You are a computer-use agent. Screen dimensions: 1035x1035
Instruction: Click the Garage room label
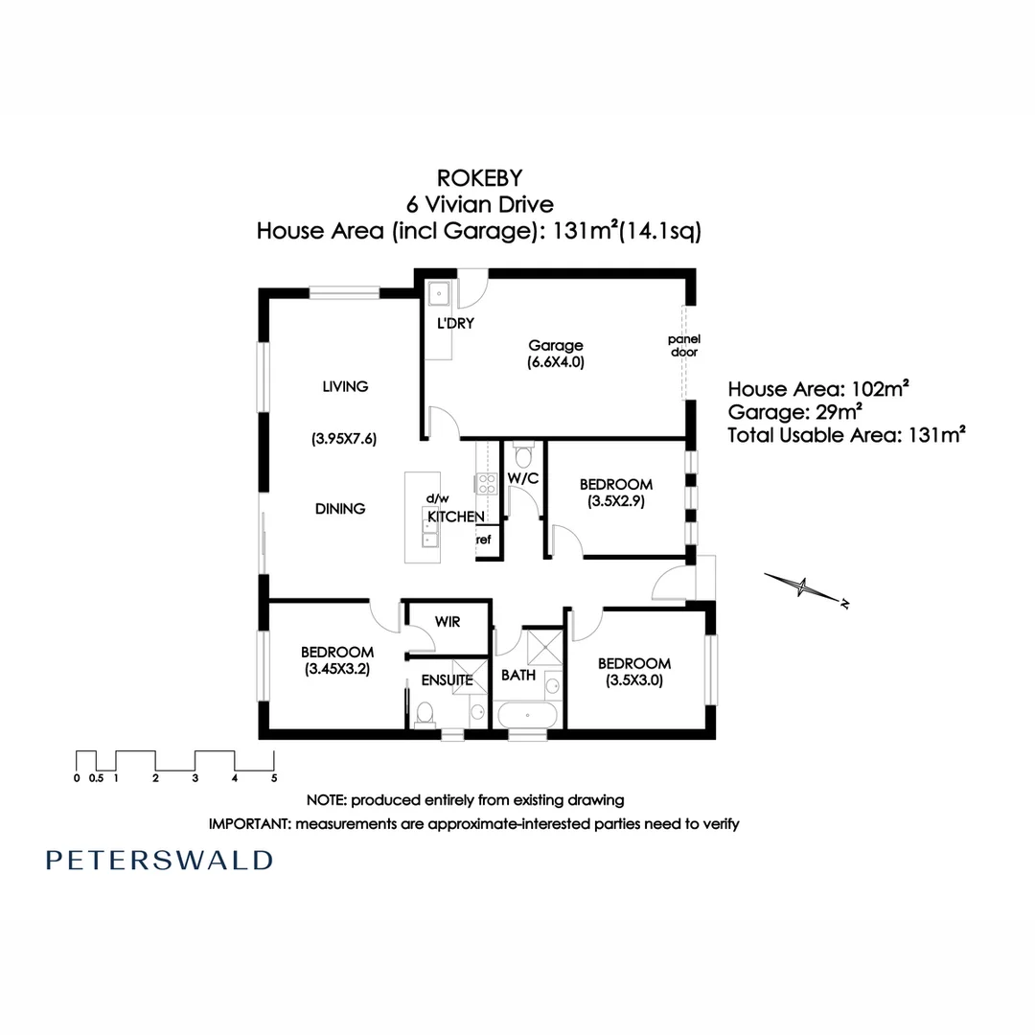(555, 346)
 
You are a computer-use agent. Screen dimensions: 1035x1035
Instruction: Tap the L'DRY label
(455, 324)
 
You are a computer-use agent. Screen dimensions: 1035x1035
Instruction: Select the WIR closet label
(447, 622)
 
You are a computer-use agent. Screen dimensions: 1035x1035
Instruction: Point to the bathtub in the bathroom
(527, 715)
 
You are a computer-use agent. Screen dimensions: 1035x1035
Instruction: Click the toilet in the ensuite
(425, 711)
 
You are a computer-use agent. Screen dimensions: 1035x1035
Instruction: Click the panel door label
(685, 345)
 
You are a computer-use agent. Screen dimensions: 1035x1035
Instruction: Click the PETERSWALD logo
(159, 860)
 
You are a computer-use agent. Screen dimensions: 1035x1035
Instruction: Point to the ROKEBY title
(478, 177)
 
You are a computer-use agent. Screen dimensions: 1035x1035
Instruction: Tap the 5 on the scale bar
(274, 778)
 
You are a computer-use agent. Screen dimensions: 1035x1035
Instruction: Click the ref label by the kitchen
(484, 540)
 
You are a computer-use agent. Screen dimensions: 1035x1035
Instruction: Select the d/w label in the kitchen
(437, 498)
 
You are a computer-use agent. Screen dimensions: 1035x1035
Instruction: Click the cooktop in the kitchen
(487, 484)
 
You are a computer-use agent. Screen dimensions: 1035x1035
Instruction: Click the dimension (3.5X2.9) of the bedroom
(616, 501)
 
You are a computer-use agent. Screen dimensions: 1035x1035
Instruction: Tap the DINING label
(340, 509)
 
